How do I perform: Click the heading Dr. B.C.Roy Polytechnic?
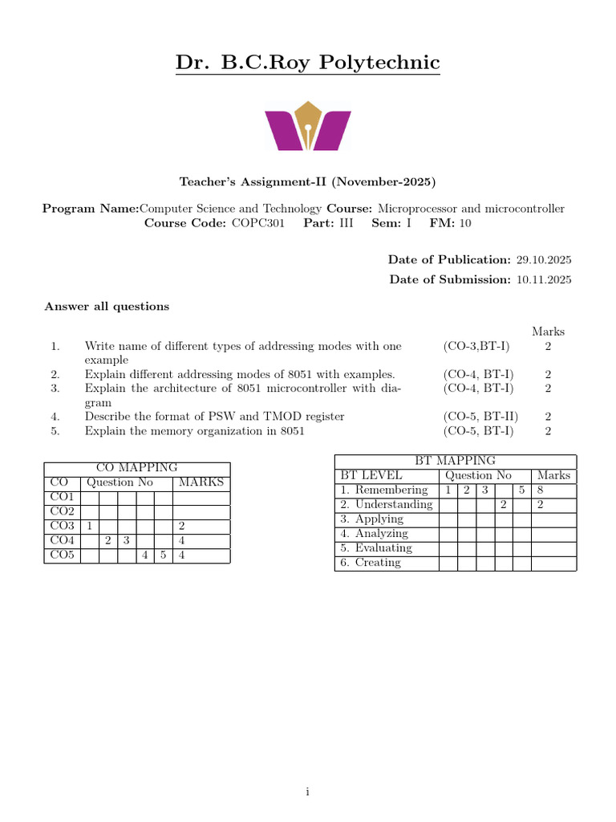(308, 63)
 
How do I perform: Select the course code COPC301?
(257, 223)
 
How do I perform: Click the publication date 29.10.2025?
(544, 259)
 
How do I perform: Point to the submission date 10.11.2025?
(544, 279)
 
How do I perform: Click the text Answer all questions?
(107, 306)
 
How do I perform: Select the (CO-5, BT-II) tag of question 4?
(480, 417)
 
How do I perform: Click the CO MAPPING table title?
(137, 468)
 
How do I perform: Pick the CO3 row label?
(62, 526)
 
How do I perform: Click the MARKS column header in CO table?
(201, 482)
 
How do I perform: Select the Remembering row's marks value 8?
(541, 490)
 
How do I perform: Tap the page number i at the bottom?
(307, 792)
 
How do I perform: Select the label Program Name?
(91, 209)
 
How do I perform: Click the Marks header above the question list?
(548, 332)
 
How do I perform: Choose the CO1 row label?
(62, 497)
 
